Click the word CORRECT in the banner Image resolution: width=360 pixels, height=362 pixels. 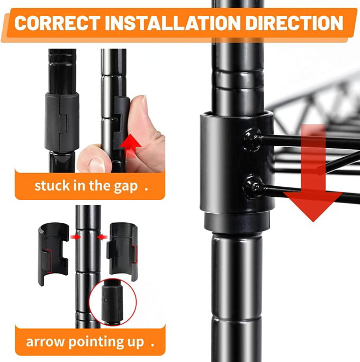[57, 23]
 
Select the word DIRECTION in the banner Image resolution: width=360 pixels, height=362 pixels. [294, 23]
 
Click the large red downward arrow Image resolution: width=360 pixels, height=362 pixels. [313, 173]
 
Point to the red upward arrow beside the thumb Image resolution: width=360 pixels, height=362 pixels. [131, 146]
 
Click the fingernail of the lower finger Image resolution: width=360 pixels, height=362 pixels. [97, 165]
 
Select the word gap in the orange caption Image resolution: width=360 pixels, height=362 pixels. [126, 186]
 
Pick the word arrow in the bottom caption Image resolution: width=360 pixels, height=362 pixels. [45, 342]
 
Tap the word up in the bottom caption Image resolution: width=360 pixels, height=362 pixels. [136, 342]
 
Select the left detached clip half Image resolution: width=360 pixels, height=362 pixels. [53, 254]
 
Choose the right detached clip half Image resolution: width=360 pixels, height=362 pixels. [122, 251]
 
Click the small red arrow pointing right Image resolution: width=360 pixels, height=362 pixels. [76, 237]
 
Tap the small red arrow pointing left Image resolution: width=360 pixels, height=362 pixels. [102, 237]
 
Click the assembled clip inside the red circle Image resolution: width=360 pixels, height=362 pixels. [112, 301]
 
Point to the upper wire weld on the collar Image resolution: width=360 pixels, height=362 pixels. [253, 140]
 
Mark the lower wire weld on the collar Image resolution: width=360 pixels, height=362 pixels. [253, 187]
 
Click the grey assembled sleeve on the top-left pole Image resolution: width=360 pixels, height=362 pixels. [61, 122]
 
